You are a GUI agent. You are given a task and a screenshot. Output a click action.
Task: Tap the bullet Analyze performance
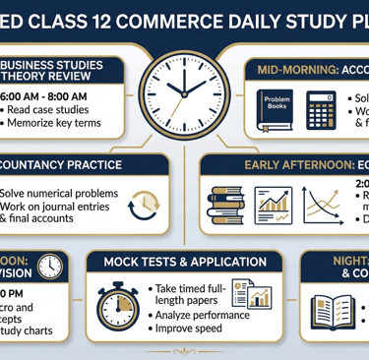pyautogui.click(x=205, y=315)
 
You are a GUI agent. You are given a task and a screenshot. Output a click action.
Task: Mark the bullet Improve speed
pyautogui.click(x=193, y=330)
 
